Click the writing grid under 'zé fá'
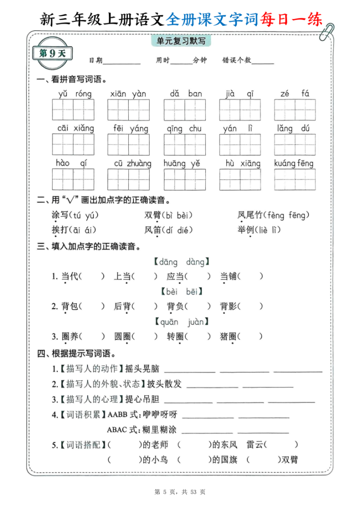(295, 110)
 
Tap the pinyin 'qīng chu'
(184, 128)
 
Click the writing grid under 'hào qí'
(73, 179)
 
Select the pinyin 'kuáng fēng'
(294, 163)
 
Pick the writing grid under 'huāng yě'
(184, 179)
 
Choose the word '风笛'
(153, 230)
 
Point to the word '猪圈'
(228, 337)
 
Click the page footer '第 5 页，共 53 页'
(180, 492)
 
